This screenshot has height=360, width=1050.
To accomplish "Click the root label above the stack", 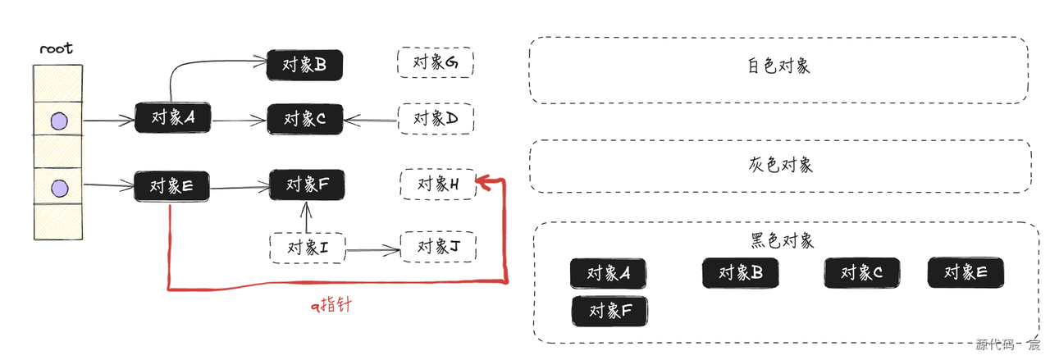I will [x=57, y=48].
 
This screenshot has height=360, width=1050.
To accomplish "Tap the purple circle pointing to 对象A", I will [x=58, y=122].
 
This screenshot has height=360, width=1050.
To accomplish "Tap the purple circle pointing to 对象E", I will [x=58, y=189].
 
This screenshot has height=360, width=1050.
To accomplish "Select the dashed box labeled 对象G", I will [x=436, y=62].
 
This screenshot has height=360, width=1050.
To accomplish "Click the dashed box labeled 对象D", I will [x=436, y=120].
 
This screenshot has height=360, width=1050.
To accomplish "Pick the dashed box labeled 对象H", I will [x=437, y=184].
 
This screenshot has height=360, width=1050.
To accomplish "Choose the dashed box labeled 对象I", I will [x=308, y=247].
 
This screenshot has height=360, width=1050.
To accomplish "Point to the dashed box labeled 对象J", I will [x=437, y=247].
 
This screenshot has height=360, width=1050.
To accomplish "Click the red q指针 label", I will [x=331, y=307].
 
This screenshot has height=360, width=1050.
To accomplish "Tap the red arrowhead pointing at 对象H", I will [x=484, y=182].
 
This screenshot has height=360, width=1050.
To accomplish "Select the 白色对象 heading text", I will [x=778, y=66].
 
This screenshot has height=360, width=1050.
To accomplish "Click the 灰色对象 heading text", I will [x=780, y=165].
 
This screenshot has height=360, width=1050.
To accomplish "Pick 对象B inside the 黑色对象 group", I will [x=740, y=273].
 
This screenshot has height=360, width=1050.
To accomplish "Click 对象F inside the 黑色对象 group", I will [x=609, y=312].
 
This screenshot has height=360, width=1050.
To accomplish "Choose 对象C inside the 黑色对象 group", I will [x=861, y=273].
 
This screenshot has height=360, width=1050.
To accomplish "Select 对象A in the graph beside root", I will [x=173, y=118].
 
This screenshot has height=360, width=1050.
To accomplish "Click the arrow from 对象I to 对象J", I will [x=373, y=248].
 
